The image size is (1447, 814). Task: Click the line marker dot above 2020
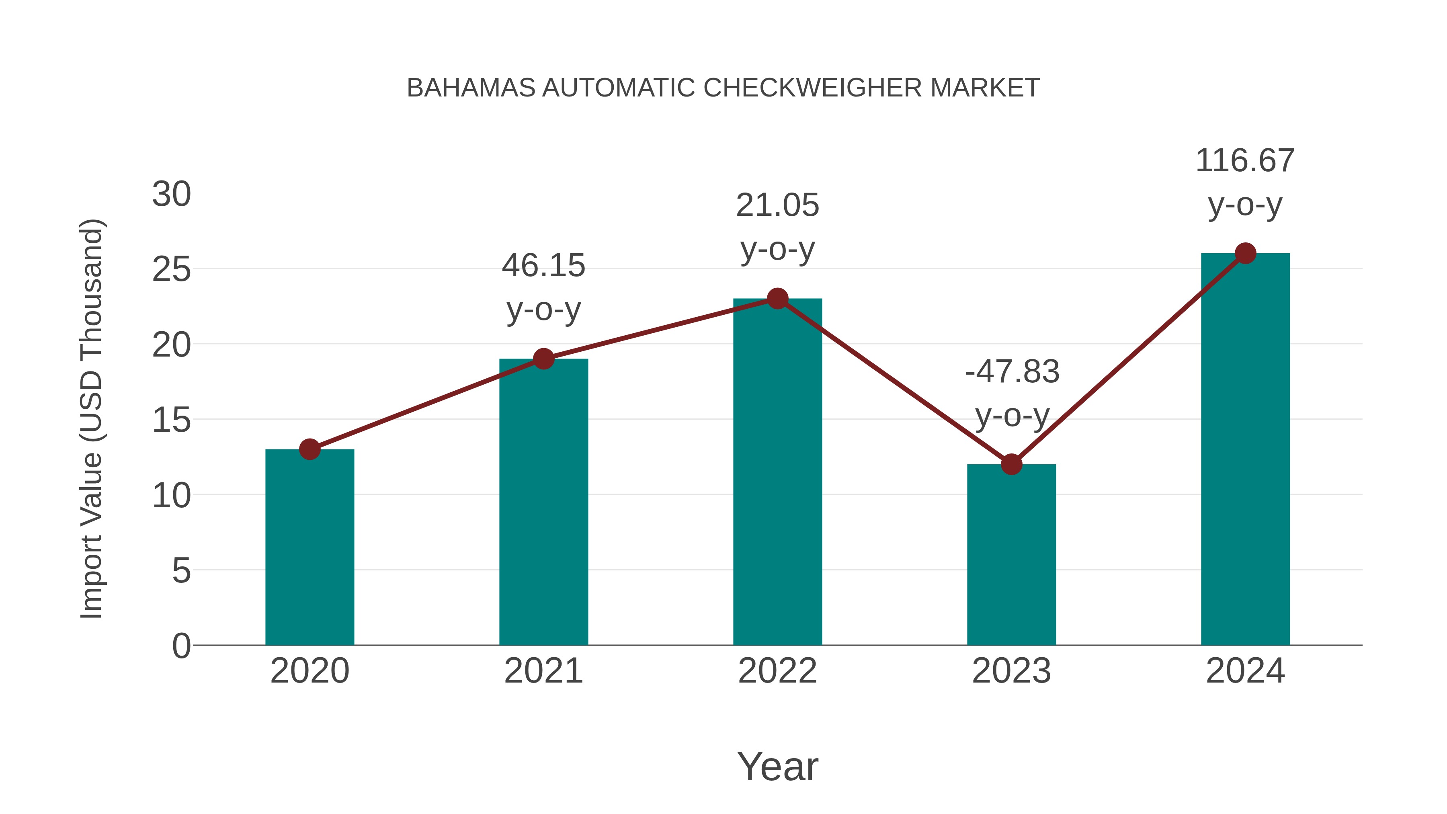pyautogui.click(x=309, y=449)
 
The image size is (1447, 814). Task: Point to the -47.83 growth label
pyautogui.click(x=1012, y=393)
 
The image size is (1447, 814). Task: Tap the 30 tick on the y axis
pyautogui.click(x=171, y=195)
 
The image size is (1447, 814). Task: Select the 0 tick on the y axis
pyautogui.click(x=181, y=646)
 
